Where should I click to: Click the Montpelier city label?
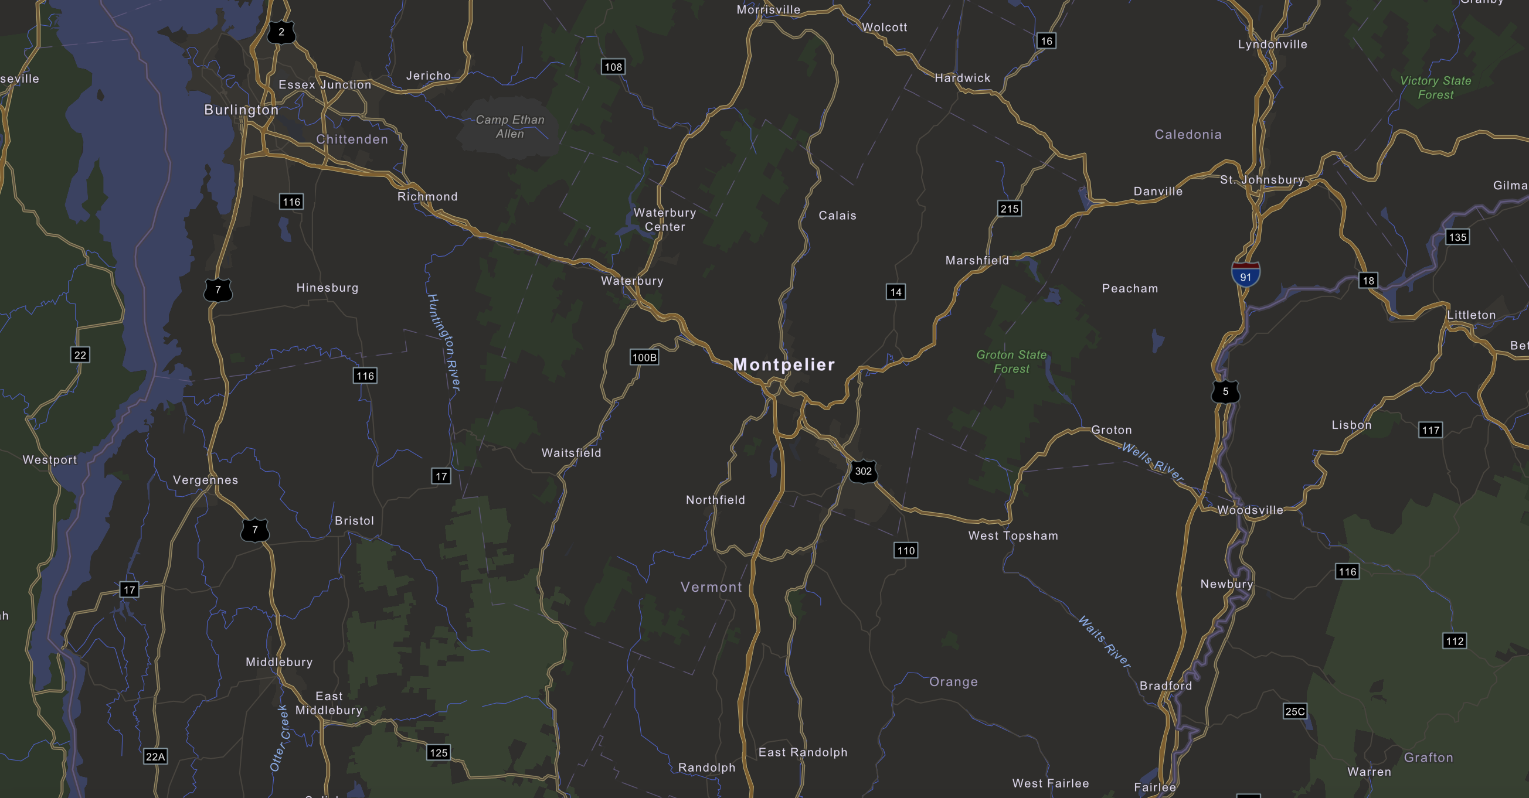tap(784, 365)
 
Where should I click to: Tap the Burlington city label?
tap(241, 110)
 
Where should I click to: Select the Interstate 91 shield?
tap(1245, 275)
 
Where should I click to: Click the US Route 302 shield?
tap(863, 472)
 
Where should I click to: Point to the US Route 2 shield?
tap(281, 32)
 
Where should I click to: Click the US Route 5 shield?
tap(1225, 391)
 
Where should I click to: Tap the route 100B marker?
tap(644, 357)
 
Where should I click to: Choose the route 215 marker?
tap(1009, 209)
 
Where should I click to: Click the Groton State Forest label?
tap(1011, 362)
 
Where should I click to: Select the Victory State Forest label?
tap(1435, 88)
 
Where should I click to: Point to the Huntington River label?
tap(444, 342)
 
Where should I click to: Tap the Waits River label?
tap(1104, 642)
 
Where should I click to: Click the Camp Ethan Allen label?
tap(510, 127)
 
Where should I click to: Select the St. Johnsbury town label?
tap(1262, 180)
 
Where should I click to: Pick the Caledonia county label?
tap(1188, 135)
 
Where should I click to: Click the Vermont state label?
tap(711, 588)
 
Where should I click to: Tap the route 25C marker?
tap(1294, 711)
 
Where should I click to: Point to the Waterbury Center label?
tap(665, 220)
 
